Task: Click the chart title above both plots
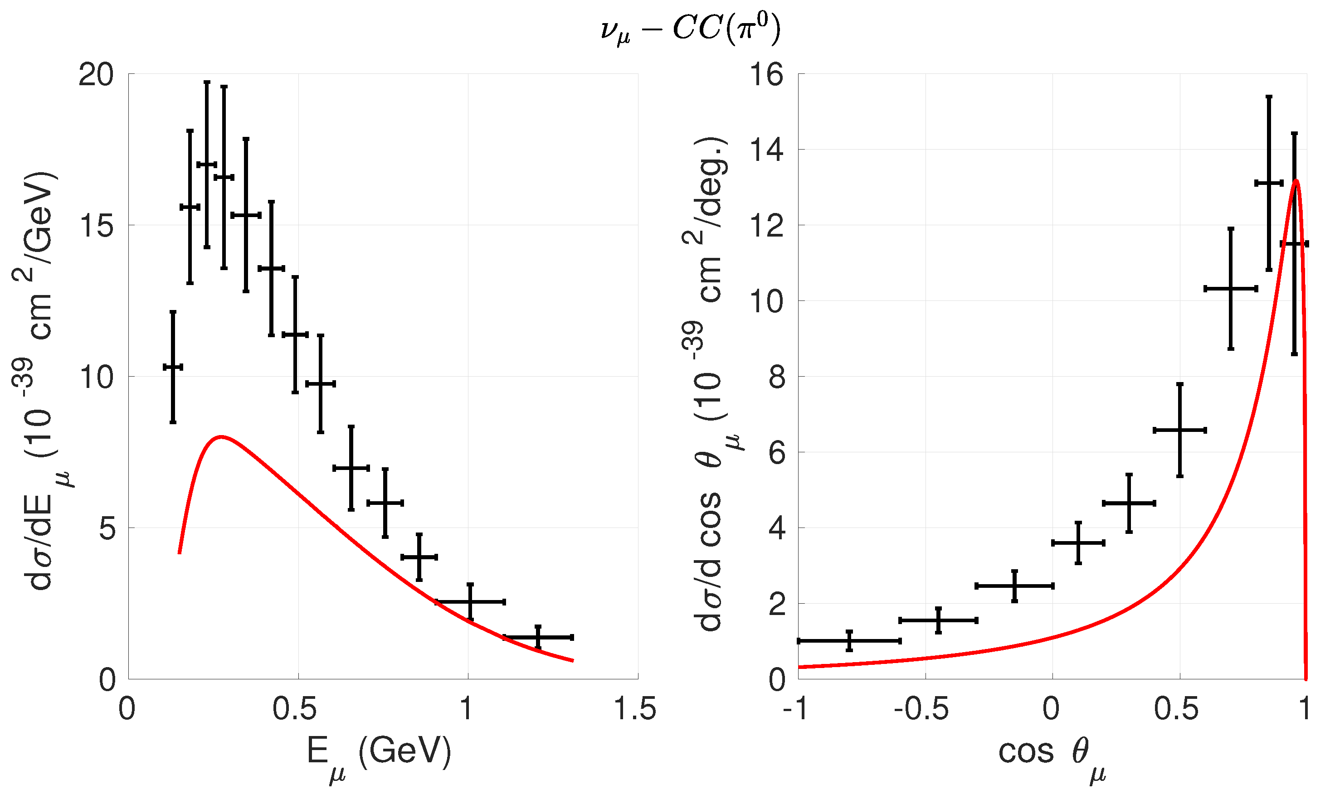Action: (x=691, y=29)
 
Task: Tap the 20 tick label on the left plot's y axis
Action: (x=97, y=74)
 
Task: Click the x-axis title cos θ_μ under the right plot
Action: (x=1052, y=756)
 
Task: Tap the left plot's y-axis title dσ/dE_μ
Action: (x=40, y=380)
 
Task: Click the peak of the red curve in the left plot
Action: (x=220, y=436)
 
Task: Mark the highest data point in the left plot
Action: (x=207, y=164)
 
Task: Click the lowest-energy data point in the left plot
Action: (x=173, y=367)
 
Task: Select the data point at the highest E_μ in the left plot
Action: (x=538, y=638)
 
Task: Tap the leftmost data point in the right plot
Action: (x=849, y=641)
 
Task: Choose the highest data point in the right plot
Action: (x=1269, y=183)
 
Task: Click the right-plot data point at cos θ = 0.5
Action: (x=1180, y=430)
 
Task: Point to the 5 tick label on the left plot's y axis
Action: (x=107, y=529)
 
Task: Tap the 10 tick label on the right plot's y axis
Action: (x=766, y=301)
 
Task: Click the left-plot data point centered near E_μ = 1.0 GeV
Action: (x=470, y=601)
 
